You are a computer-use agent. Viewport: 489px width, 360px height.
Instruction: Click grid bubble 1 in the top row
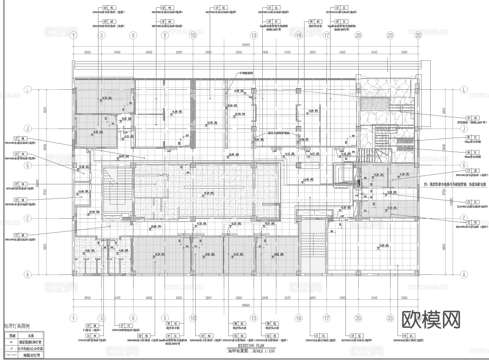tap(74, 36)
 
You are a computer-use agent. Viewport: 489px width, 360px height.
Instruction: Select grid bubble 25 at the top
tap(418, 36)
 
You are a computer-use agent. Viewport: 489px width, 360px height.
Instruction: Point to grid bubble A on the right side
tap(464, 274)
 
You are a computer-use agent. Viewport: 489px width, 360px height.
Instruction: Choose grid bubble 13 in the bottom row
tap(254, 318)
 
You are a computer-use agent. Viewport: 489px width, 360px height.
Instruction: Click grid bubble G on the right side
tap(464, 165)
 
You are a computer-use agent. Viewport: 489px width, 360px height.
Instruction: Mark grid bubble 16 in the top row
tap(299, 36)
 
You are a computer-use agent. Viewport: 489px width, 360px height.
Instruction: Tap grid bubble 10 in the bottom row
tap(193, 318)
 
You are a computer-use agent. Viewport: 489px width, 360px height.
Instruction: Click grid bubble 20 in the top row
tap(358, 36)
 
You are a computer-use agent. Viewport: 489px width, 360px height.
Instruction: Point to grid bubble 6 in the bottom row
tap(133, 318)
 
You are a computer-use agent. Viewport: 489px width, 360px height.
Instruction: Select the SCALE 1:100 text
tap(264, 350)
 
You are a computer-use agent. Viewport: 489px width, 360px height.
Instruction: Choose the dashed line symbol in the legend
tap(11, 355)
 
